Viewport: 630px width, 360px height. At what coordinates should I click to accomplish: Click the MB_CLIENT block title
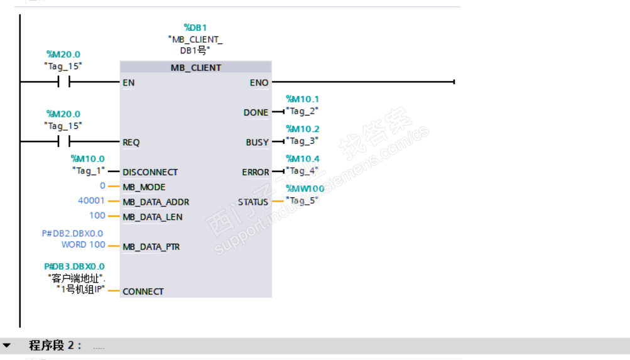point(196,67)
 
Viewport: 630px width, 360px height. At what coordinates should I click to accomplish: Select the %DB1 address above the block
point(195,28)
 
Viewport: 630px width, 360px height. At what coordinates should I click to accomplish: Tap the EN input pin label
point(129,82)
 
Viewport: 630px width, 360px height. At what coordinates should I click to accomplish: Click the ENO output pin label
point(259,82)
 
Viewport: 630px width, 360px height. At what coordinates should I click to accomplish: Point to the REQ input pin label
point(131,143)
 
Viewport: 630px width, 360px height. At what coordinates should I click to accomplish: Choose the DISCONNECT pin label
point(150,172)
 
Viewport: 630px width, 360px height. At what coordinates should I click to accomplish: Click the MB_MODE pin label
point(144,187)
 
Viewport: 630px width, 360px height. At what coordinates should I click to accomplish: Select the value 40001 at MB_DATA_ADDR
point(91,202)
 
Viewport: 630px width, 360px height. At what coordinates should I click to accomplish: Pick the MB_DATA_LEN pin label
point(153,217)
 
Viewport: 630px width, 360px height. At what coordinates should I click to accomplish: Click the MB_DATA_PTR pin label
point(151,247)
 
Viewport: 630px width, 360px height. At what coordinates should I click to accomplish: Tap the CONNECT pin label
point(143,292)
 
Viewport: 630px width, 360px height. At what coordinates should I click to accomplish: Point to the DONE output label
point(256,112)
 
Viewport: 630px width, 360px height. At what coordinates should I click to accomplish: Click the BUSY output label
point(257,143)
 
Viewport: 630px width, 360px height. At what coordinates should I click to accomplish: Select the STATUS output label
point(253,202)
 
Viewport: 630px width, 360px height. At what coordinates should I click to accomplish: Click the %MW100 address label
point(305,188)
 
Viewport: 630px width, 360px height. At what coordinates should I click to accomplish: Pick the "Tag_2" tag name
point(302,111)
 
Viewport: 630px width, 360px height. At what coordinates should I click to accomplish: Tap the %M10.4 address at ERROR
point(302,159)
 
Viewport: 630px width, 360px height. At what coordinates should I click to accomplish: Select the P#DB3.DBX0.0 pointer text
point(74,266)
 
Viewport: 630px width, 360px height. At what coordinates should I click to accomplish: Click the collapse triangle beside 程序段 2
point(7,346)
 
